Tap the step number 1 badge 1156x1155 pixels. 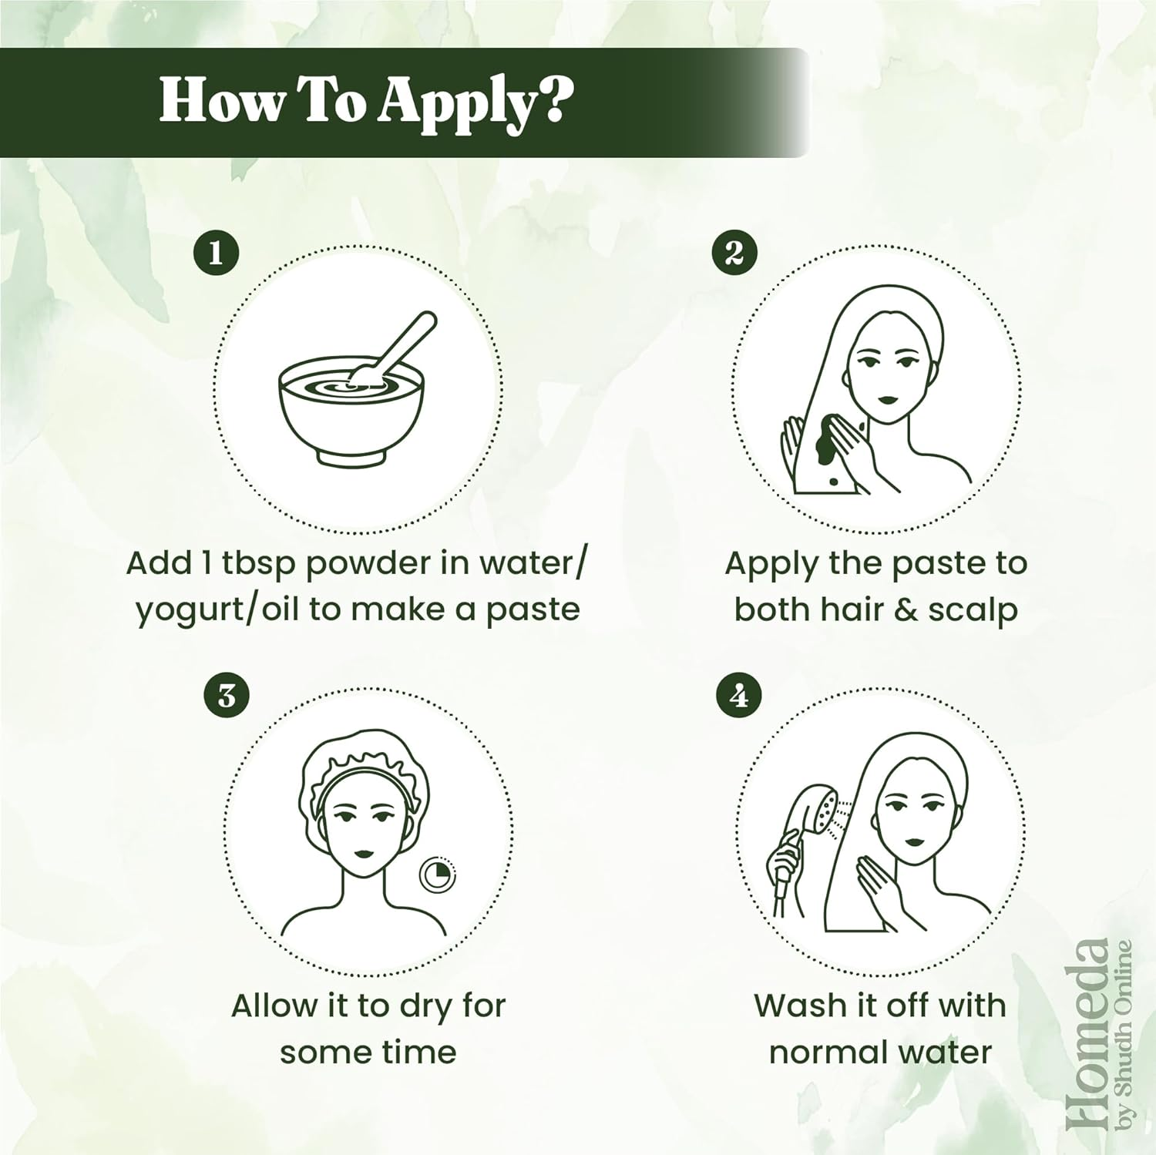215,253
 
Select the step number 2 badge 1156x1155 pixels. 734,253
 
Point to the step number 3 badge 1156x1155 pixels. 226,696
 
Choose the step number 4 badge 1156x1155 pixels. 739,696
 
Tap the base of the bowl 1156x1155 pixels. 351,458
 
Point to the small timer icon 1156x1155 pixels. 437,875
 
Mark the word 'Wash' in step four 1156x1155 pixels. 791,1006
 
